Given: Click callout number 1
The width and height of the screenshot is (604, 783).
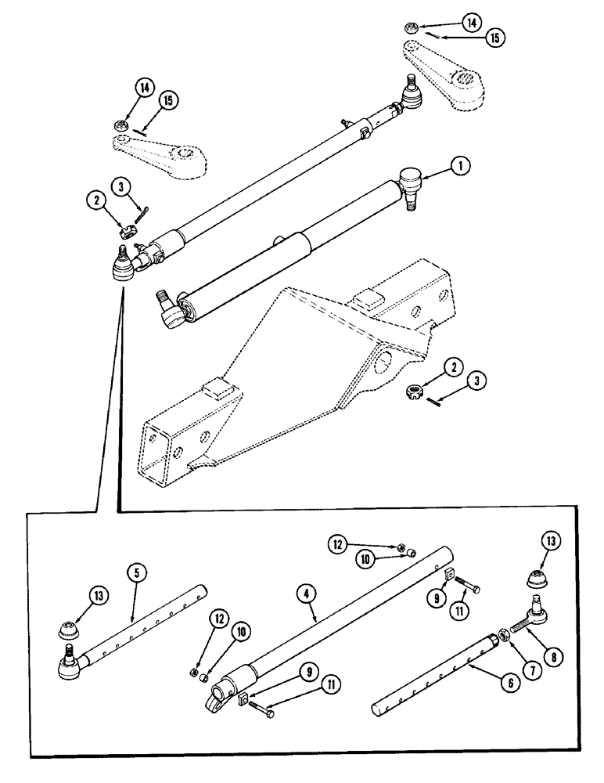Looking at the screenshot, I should (x=461, y=165).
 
